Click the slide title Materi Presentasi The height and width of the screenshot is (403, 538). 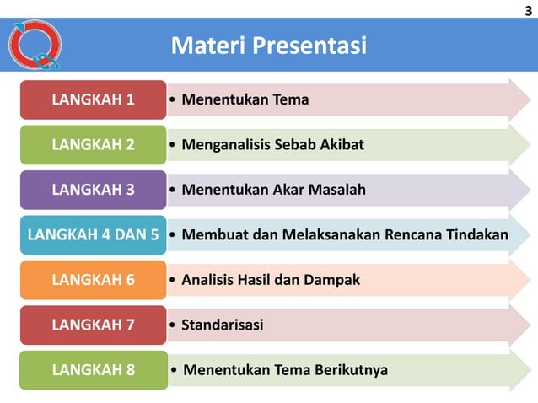[x=268, y=45]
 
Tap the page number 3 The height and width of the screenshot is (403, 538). [x=528, y=9]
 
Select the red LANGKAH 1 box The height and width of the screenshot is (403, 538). [x=93, y=99]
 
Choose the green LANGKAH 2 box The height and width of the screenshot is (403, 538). [x=93, y=144]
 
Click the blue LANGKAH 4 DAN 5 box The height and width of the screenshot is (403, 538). [x=93, y=234]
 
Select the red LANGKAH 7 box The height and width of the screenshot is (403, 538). [x=93, y=325]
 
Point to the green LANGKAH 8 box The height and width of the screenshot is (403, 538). [x=93, y=370]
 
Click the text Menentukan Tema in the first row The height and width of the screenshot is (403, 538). [x=245, y=100]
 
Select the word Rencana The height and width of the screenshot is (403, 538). [x=413, y=234]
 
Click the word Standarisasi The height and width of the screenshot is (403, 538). [x=222, y=325]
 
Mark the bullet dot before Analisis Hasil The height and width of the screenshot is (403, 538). [x=173, y=280]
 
